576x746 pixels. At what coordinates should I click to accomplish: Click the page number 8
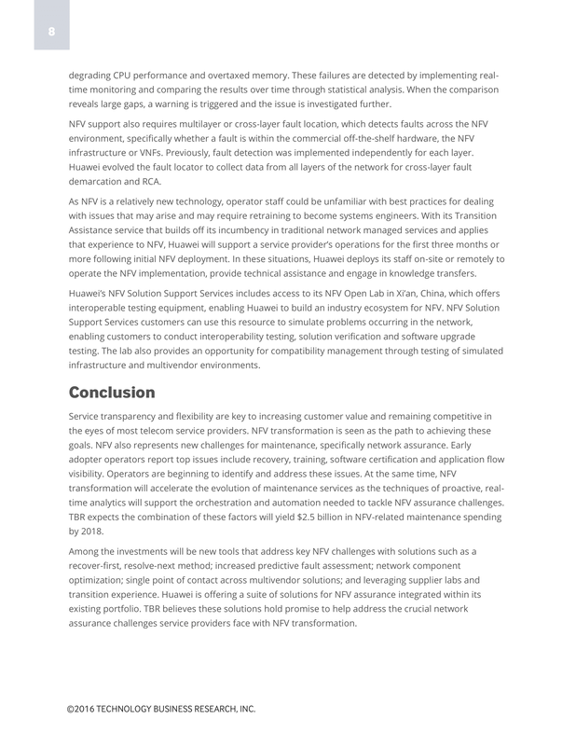pyautogui.click(x=52, y=32)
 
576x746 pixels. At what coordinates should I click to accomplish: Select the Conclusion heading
pyautogui.click(x=112, y=392)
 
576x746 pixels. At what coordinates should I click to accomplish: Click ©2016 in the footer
pyautogui.click(x=84, y=710)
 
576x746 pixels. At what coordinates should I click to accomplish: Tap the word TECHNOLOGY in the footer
pyautogui.click(x=131, y=710)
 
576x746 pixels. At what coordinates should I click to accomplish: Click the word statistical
pyautogui.click(x=364, y=90)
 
